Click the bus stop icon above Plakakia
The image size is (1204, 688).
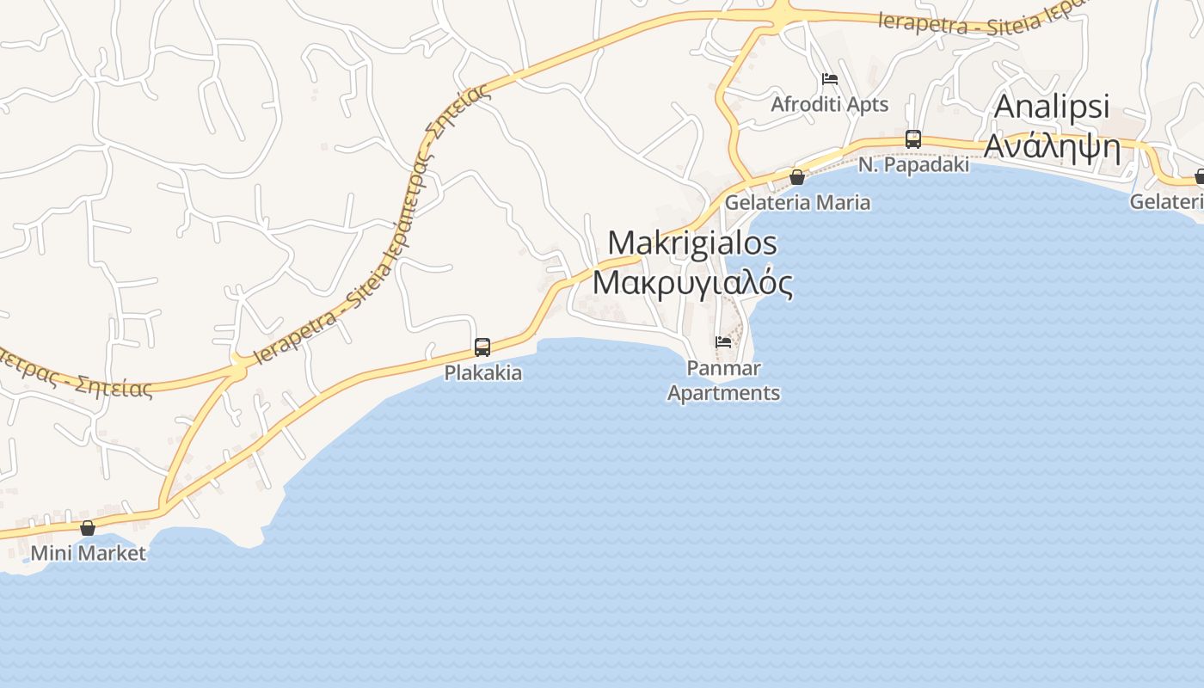pos(482,347)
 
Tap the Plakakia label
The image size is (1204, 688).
pos(482,373)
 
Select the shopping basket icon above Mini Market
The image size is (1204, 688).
pos(88,528)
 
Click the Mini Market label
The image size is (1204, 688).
pos(88,553)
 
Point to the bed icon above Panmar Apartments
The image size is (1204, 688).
pos(723,342)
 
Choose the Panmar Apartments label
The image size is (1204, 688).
pos(723,381)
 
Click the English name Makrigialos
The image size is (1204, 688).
pos(692,243)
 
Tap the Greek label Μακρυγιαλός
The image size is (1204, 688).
pos(692,282)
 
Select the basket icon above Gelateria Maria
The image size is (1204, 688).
pos(797,177)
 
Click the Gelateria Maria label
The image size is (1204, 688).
pos(797,203)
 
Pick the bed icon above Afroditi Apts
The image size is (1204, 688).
pos(830,79)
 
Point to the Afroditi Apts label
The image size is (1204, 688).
pos(830,104)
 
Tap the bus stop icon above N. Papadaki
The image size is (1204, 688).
pos(913,138)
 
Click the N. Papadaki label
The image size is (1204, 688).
pos(913,164)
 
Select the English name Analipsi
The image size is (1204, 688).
pos(1052,107)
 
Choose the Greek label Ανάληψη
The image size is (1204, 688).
pos(1052,146)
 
